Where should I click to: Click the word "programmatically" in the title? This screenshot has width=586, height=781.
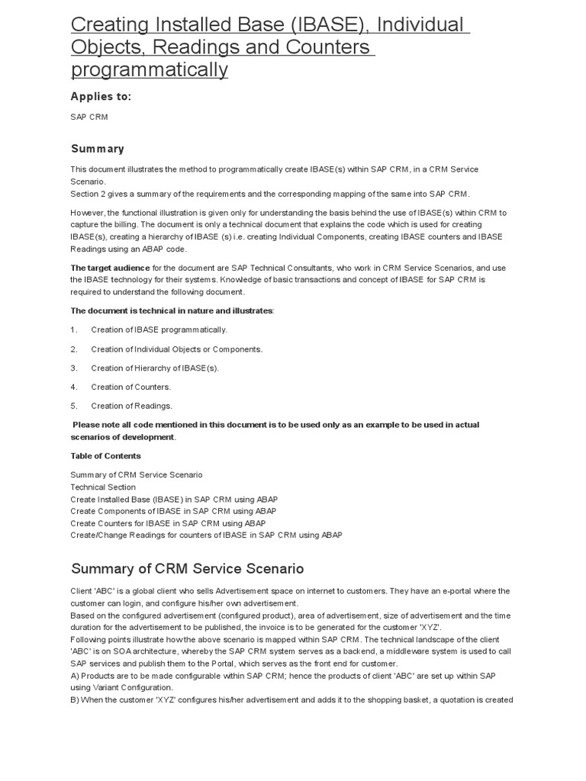[x=150, y=69]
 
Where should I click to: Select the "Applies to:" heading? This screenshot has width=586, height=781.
[x=101, y=96]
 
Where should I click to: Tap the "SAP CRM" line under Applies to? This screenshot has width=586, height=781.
[x=89, y=117]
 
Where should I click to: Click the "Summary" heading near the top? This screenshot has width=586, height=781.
[x=97, y=149]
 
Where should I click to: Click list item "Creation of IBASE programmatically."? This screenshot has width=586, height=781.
[x=159, y=329]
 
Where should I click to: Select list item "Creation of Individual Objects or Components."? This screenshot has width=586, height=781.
[x=176, y=349]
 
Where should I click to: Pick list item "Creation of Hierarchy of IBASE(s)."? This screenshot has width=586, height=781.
[x=154, y=368]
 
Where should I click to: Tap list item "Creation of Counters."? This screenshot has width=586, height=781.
[x=130, y=387]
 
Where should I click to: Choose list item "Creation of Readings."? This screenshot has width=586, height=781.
[x=131, y=406]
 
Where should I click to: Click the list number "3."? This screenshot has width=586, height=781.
[x=74, y=368]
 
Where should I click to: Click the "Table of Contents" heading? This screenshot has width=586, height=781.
[x=105, y=456]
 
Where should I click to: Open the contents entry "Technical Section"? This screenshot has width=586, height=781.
[x=103, y=487]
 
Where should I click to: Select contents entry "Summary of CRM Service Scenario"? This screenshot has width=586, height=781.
[x=137, y=474]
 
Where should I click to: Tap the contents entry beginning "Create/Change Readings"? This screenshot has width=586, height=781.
[x=206, y=535]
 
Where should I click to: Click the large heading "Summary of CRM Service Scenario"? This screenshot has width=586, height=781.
[x=187, y=569]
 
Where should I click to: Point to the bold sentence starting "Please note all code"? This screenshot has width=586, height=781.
[x=275, y=425]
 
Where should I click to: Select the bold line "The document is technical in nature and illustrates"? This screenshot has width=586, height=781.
[x=172, y=310]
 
